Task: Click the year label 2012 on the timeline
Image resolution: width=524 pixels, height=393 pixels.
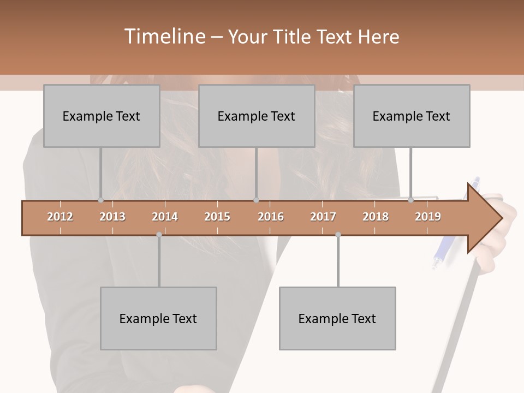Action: tap(60, 217)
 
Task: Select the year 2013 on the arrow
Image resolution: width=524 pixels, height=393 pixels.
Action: tap(112, 217)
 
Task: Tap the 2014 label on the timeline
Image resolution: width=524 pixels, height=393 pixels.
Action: tap(165, 217)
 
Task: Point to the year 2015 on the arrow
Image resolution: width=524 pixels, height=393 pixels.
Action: tap(217, 217)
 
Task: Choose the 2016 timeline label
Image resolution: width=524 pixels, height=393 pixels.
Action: tap(271, 217)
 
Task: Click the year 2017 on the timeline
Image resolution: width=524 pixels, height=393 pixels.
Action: tap(323, 217)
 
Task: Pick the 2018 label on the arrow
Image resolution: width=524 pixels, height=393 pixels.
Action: tap(376, 217)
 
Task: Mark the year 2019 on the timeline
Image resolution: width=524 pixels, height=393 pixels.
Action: tap(428, 217)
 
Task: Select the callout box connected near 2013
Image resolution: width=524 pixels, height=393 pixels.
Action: tap(102, 116)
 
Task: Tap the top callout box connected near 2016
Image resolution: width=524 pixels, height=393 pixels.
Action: tap(257, 116)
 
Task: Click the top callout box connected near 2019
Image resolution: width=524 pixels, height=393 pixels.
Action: tap(412, 116)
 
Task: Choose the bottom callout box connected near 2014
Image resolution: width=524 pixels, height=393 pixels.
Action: tap(158, 318)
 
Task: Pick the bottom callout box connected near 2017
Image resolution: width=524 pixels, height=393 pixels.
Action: tap(337, 318)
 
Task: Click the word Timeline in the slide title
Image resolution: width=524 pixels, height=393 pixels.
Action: tap(164, 37)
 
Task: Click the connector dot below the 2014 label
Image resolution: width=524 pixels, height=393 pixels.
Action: tap(159, 235)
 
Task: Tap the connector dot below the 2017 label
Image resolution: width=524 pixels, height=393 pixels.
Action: tap(338, 235)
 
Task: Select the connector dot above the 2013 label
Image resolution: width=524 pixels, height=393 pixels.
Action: tap(100, 200)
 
